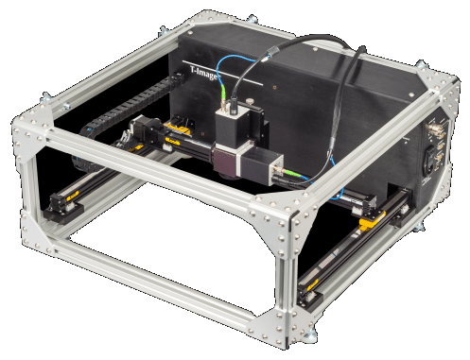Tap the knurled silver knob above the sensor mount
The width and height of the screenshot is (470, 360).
click(x=250, y=102)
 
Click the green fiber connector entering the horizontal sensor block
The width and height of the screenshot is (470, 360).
click(x=290, y=172)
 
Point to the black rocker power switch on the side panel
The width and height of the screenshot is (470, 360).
click(x=429, y=161)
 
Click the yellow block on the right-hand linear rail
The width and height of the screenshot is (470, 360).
click(x=373, y=219)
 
